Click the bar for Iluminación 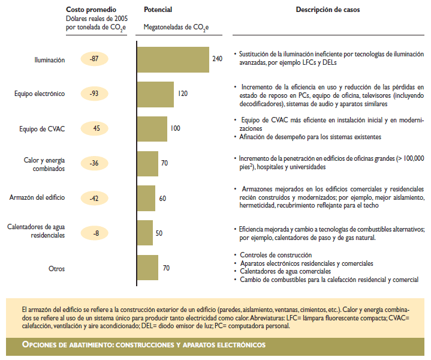click(173, 59)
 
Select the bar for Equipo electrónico click(155, 94)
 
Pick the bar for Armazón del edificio click(146, 198)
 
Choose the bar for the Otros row click(147, 268)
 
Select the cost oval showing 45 click(96, 128)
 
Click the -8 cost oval click(96, 233)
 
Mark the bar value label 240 click(217, 58)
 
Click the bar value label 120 click(183, 94)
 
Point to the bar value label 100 click(175, 128)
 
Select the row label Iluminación click(50, 60)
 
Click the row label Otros click(56, 269)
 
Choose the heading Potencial click(158, 10)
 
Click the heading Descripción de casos click(328, 10)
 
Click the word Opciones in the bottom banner click(41, 345)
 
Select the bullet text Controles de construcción click(276, 255)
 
